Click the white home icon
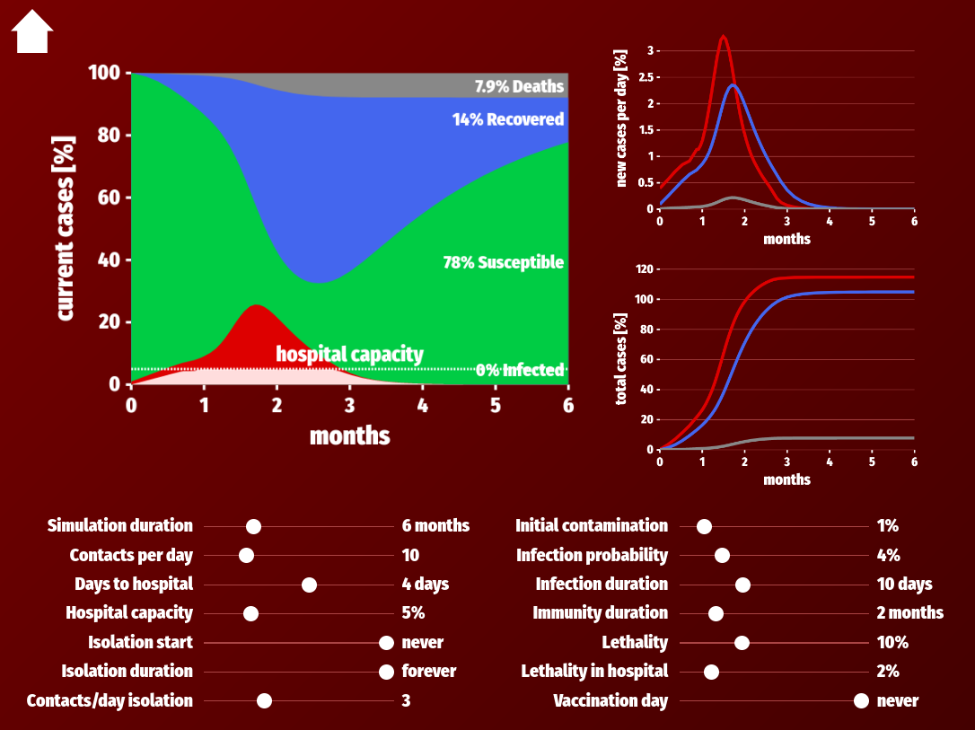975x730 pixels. click(x=31, y=31)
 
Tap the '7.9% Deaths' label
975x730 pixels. click(x=519, y=86)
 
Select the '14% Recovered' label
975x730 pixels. click(x=508, y=119)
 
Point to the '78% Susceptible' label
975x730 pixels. click(x=504, y=262)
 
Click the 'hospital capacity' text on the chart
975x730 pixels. click(x=349, y=354)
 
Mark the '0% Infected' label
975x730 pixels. click(x=520, y=370)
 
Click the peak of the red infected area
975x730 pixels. click(x=256, y=305)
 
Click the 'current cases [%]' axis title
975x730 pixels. click(x=66, y=228)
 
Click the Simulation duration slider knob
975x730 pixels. click(x=253, y=527)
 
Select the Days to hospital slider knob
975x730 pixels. click(x=309, y=585)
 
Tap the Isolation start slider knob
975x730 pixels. click(x=386, y=643)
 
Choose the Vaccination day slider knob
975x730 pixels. click(x=861, y=701)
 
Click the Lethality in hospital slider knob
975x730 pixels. click(x=711, y=673)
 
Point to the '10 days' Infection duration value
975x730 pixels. click(x=905, y=584)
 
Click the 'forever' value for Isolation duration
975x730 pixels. click(x=429, y=671)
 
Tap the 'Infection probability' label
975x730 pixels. click(x=592, y=555)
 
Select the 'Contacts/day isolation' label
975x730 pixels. click(x=110, y=700)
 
